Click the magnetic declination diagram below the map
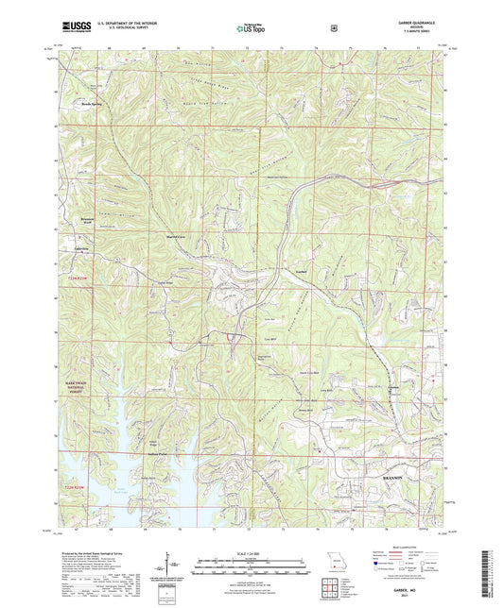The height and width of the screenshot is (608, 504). pyautogui.click(x=170, y=566)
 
